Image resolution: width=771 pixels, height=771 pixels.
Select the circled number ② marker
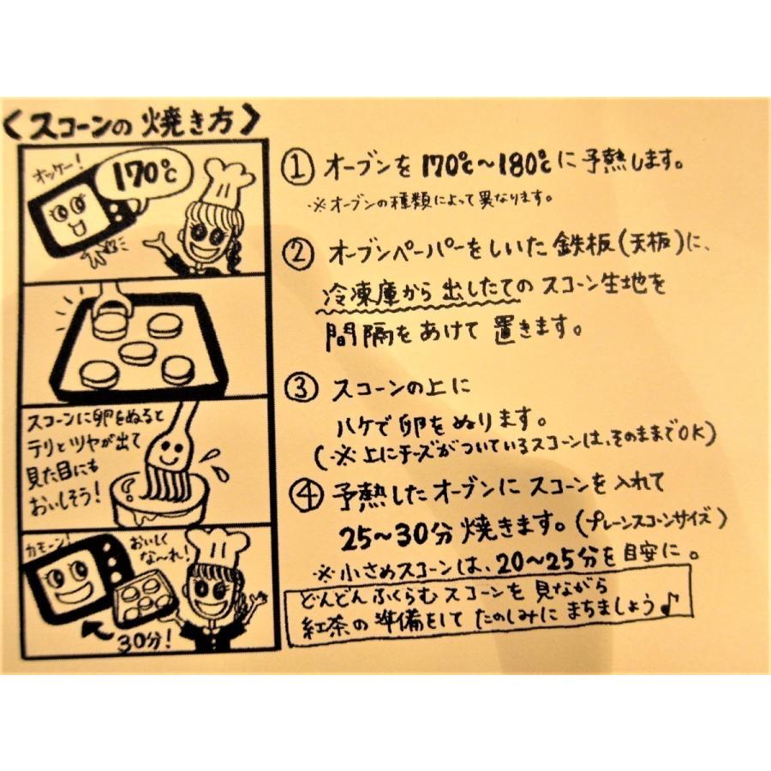click(x=300, y=254)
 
